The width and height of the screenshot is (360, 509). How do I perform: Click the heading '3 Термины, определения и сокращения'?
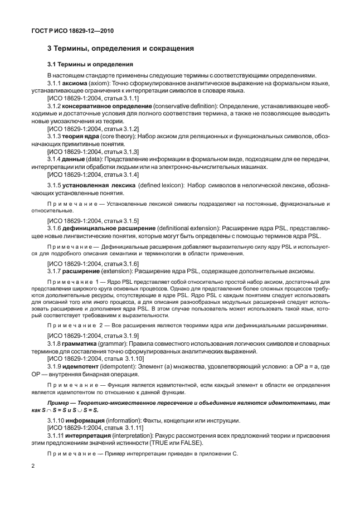click(x=120, y=49)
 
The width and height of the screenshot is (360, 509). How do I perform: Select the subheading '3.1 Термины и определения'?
click(x=90, y=64)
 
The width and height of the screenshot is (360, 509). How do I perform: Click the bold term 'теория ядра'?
click(x=82, y=135)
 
